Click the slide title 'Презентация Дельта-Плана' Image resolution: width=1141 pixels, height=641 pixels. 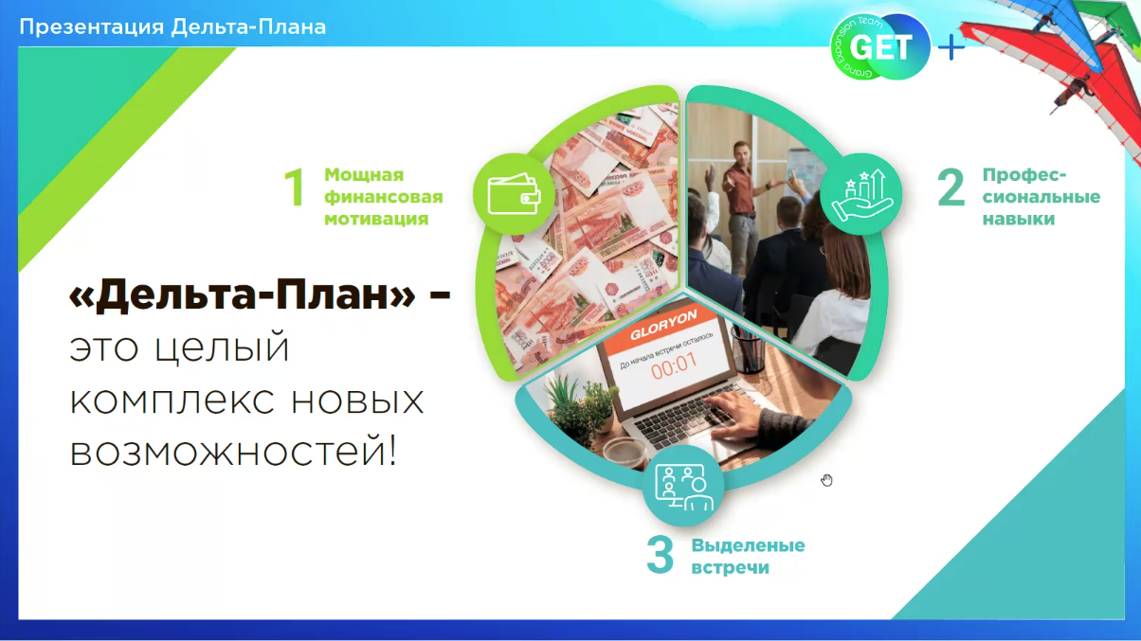172,27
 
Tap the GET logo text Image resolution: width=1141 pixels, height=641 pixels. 880,47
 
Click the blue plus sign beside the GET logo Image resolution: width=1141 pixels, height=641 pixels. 951,48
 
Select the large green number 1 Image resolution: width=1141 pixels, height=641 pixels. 295,187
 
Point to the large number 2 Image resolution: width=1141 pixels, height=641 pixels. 951,187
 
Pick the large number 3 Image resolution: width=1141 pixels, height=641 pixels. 660,555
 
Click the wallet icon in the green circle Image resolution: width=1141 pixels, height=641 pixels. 514,194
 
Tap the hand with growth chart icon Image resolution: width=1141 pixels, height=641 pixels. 861,194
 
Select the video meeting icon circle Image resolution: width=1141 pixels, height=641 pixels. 683,486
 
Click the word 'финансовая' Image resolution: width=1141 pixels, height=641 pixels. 384,197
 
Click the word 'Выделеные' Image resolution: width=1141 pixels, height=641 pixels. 749,545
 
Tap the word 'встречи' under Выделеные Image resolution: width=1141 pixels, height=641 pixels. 730,568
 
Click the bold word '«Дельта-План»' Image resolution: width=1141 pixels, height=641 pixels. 243,294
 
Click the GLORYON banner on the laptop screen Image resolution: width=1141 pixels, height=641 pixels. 663,326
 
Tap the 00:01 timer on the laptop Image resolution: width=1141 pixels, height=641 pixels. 674,366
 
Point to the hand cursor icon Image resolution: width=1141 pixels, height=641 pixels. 826,480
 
